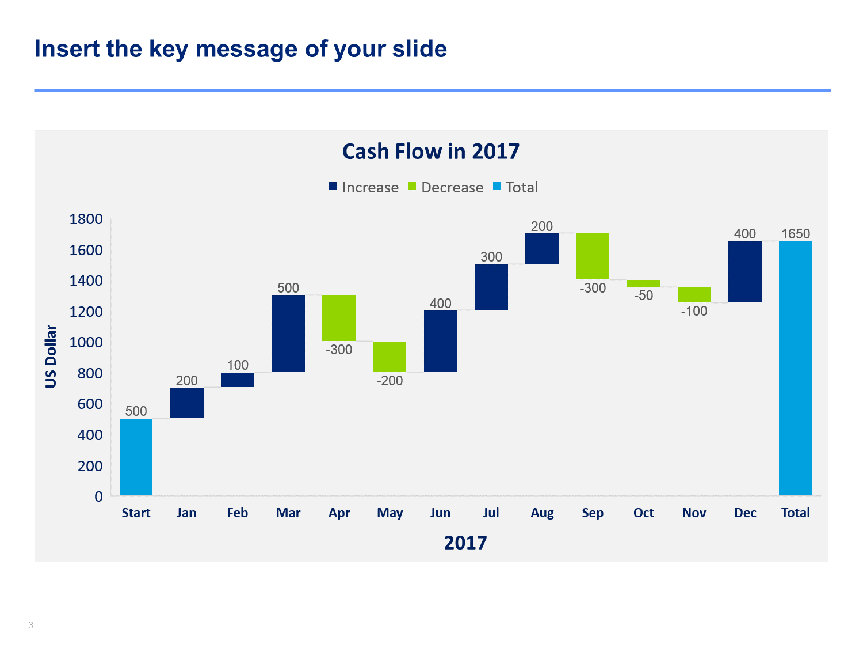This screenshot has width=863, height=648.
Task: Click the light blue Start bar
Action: click(x=136, y=456)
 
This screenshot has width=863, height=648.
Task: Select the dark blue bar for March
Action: click(x=288, y=334)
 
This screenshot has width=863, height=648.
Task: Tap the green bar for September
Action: click(x=592, y=256)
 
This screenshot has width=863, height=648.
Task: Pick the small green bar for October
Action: click(x=643, y=283)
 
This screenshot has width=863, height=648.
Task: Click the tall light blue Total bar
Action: click(x=795, y=368)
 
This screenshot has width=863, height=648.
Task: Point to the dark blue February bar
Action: click(x=238, y=380)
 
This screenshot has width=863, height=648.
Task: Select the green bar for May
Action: click(x=390, y=357)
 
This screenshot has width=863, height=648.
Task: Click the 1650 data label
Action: click(x=795, y=234)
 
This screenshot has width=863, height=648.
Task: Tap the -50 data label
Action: click(x=643, y=295)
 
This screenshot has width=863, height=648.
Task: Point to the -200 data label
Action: click(x=390, y=381)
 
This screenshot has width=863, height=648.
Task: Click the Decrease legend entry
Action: click(x=445, y=187)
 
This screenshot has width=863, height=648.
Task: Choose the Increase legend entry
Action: click(x=363, y=187)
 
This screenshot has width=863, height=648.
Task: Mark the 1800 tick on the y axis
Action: click(x=86, y=219)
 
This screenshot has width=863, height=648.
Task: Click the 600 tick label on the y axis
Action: click(x=90, y=404)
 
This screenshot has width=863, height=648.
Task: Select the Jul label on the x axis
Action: click(x=491, y=513)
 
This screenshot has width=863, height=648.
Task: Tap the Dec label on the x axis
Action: click(x=745, y=513)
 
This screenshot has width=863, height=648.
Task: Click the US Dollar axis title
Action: click(x=51, y=356)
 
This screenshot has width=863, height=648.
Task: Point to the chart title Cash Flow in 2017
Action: click(x=431, y=151)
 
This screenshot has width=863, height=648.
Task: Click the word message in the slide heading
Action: click(x=246, y=49)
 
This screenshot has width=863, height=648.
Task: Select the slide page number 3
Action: click(x=30, y=625)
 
